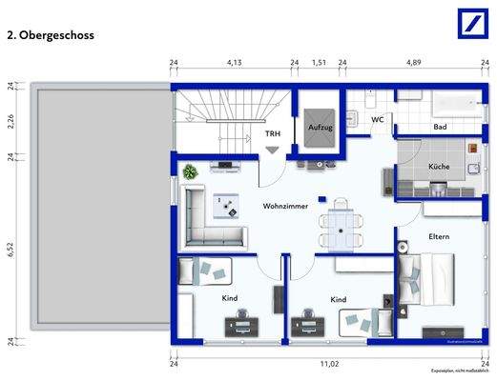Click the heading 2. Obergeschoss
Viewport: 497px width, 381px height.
[x=51, y=35]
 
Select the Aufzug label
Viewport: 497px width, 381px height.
[x=320, y=126]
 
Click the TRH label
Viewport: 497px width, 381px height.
[x=272, y=134]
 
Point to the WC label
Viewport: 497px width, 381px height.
[x=378, y=120]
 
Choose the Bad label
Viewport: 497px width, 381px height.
[x=440, y=127]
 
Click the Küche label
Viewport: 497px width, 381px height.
[x=439, y=166]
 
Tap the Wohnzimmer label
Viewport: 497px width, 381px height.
[x=285, y=205]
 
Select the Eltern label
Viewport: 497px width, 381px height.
[x=439, y=236]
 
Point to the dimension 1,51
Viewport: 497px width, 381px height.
[x=319, y=63]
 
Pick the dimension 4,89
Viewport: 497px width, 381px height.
[x=414, y=63]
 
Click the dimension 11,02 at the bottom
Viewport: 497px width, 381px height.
[x=329, y=363]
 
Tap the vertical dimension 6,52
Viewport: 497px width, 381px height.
[x=10, y=249]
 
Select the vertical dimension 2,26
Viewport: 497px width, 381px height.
[x=10, y=120]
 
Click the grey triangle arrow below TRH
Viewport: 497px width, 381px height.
[x=273, y=150]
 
